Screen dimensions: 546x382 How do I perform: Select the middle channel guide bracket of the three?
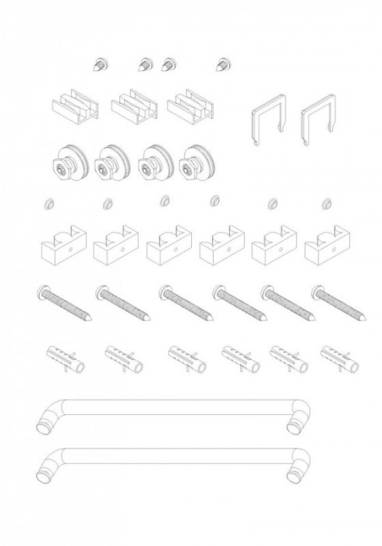[132, 107]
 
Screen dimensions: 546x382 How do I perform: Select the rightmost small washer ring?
[326, 204]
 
